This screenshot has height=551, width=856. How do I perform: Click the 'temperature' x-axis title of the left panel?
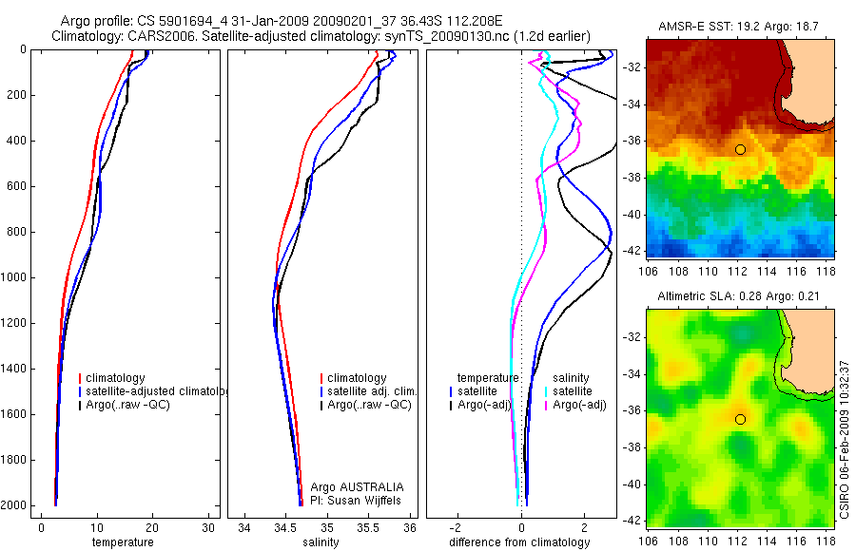[x=122, y=542]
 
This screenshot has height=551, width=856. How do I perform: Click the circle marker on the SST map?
[x=740, y=149]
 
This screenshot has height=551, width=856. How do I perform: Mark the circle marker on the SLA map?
[x=740, y=419]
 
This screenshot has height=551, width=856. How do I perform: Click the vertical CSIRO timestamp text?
[x=846, y=438]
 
